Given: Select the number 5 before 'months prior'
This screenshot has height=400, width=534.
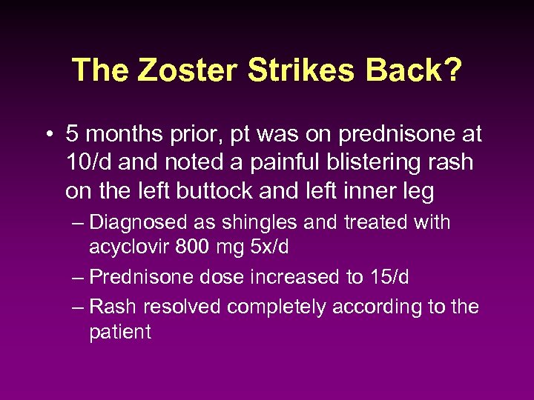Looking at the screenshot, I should tap(72, 134).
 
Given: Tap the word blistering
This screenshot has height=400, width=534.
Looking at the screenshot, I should tap(357, 163).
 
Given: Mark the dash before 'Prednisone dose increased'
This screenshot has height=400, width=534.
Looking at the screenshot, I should tap(79, 278).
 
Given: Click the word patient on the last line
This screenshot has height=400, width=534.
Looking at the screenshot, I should tap(119, 332).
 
